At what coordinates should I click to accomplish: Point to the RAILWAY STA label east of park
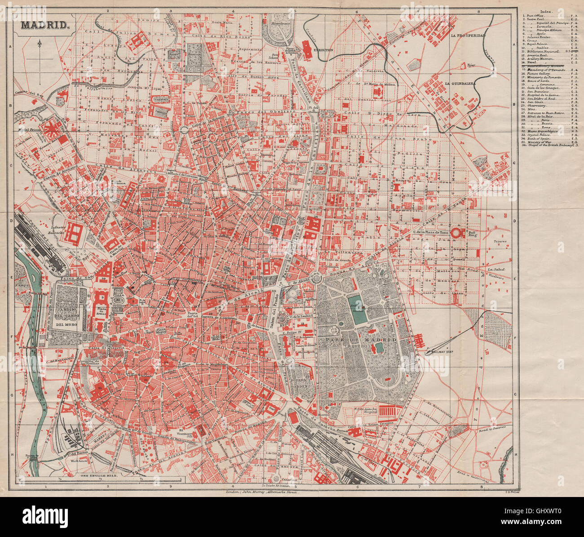[x=442, y=353]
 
